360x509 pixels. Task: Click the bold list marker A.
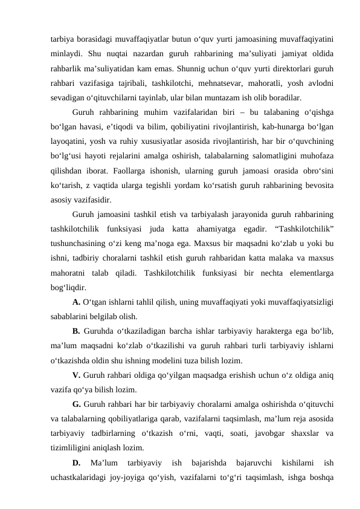[x=76, y=303]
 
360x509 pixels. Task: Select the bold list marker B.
[x=76, y=331]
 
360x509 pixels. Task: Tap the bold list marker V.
[x=76, y=375]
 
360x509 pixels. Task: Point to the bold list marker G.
[x=76, y=404]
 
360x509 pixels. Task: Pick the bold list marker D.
[x=76, y=462]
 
